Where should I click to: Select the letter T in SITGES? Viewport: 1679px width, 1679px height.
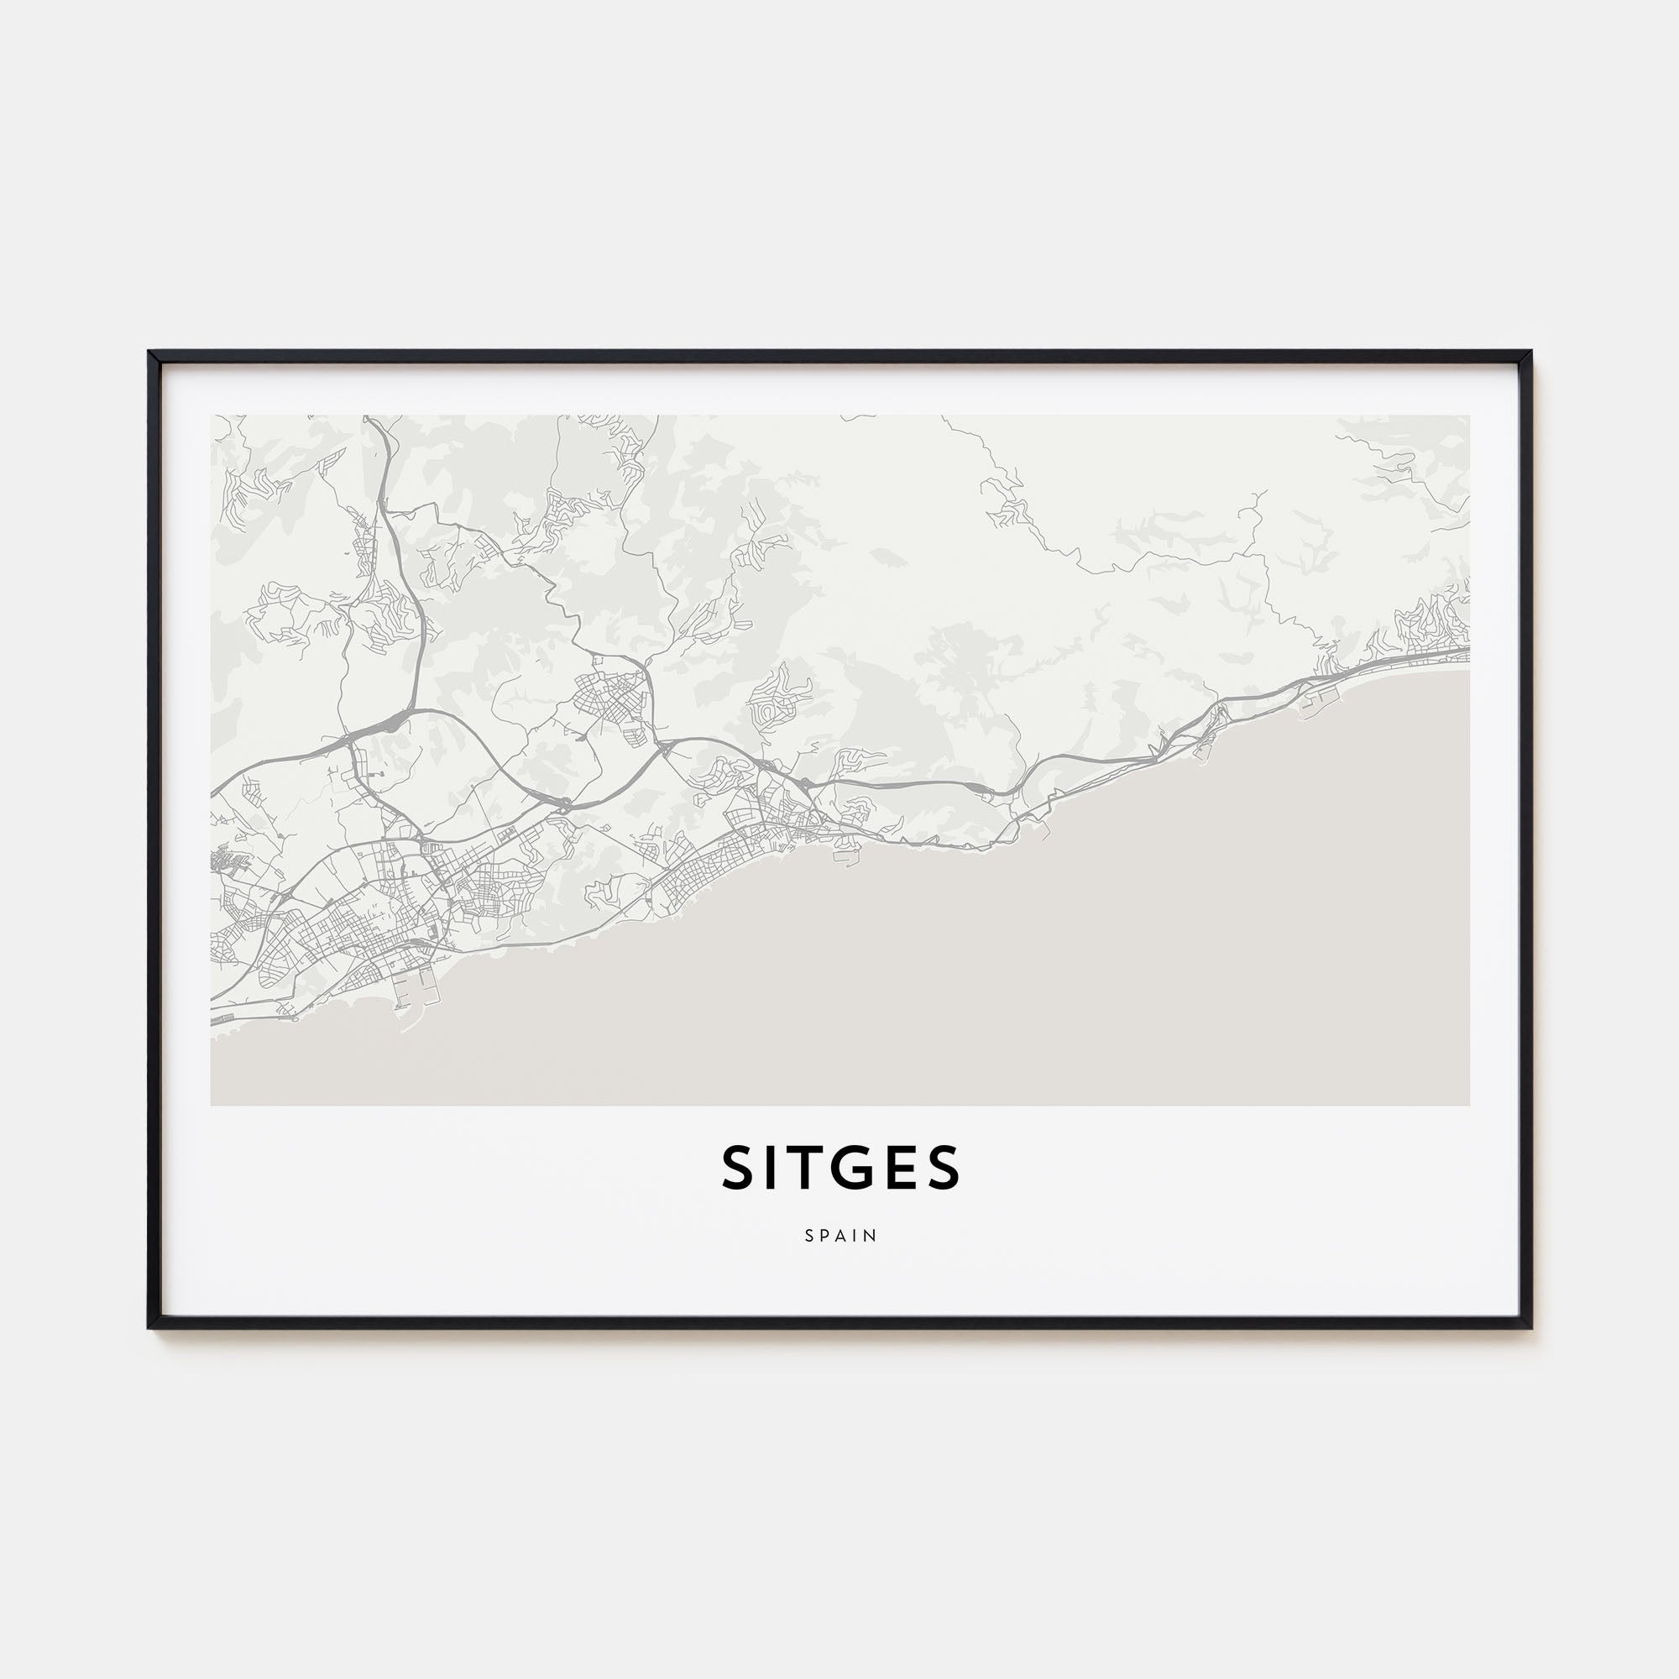pyautogui.click(x=812, y=1168)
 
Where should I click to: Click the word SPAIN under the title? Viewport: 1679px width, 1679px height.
pyautogui.click(x=840, y=1235)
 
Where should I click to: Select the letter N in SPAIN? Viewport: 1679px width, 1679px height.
pyautogui.click(x=872, y=1235)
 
